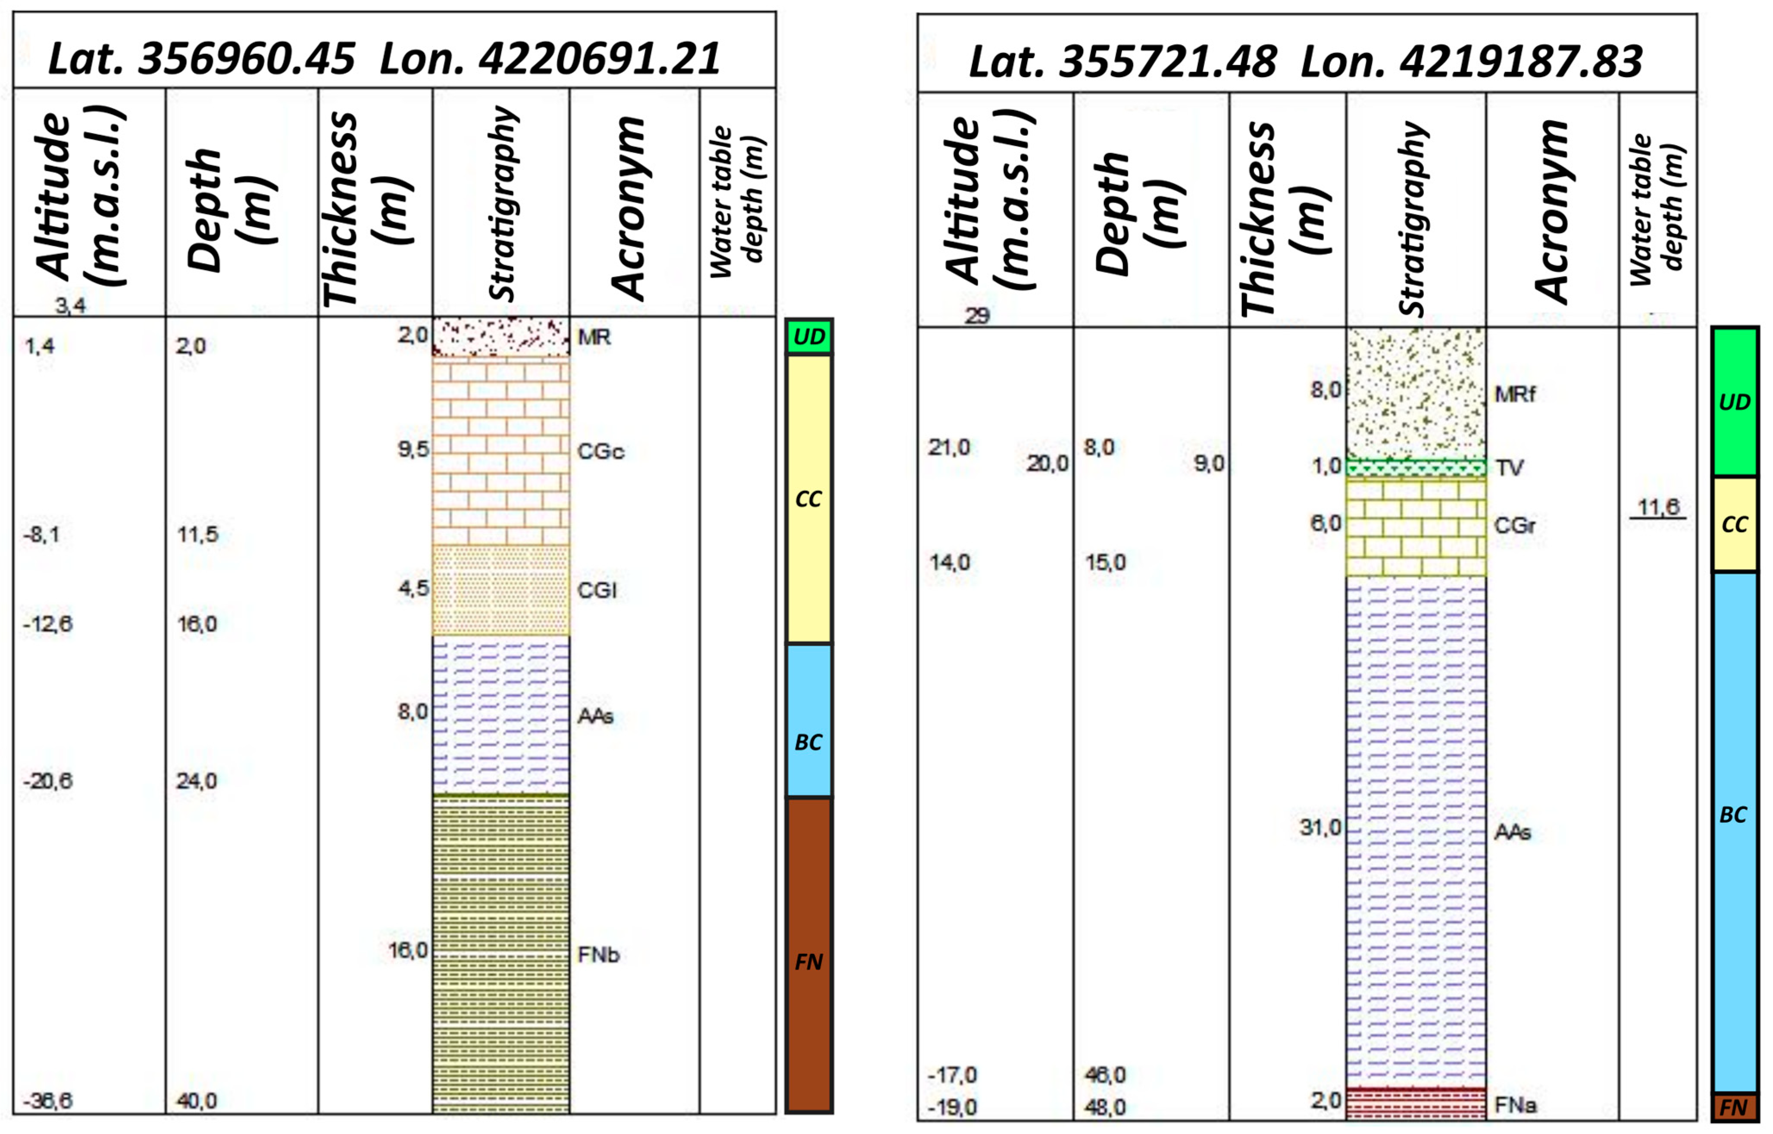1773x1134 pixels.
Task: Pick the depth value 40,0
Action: coord(197,1101)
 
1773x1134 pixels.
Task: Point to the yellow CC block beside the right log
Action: coord(1734,524)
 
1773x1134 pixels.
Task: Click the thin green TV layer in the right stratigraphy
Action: coord(1415,467)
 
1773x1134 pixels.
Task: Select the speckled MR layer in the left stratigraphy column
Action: coord(500,337)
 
